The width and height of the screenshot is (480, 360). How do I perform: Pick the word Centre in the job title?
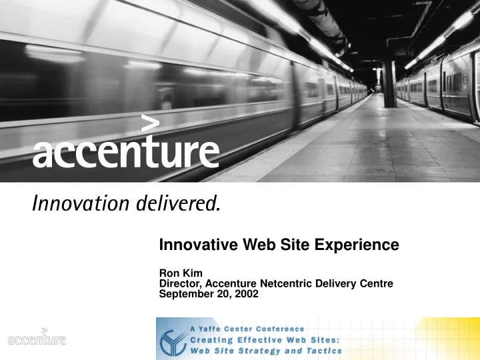(x=376, y=283)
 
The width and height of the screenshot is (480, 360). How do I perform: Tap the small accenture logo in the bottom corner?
(x=37, y=338)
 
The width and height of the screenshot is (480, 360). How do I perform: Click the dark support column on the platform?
(x=389, y=83)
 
